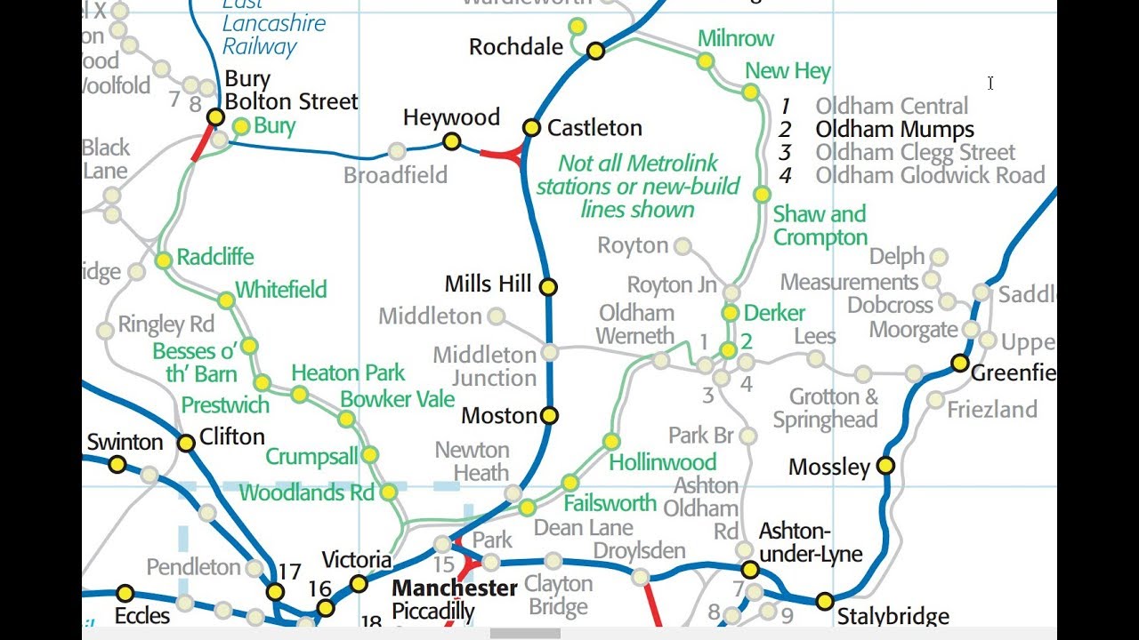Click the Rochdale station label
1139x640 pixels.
(x=516, y=47)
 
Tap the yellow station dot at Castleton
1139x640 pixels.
(x=531, y=127)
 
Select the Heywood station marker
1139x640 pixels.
(x=452, y=141)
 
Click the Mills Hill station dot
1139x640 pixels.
(x=548, y=286)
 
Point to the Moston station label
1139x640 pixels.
(x=498, y=415)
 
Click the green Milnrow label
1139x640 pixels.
(x=735, y=38)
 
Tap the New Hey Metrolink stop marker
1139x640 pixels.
(x=750, y=92)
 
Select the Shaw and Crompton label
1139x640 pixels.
(x=820, y=226)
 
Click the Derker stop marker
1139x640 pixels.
(x=731, y=313)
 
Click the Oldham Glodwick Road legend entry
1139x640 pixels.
(x=930, y=176)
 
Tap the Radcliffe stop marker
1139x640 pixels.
(x=164, y=260)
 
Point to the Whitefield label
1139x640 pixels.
(x=280, y=290)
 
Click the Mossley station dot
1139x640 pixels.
(x=885, y=465)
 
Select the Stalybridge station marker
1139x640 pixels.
(x=825, y=601)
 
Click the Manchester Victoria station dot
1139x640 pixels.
(x=359, y=583)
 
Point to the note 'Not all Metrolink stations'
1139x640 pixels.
(x=637, y=187)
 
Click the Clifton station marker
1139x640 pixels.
(x=186, y=443)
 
